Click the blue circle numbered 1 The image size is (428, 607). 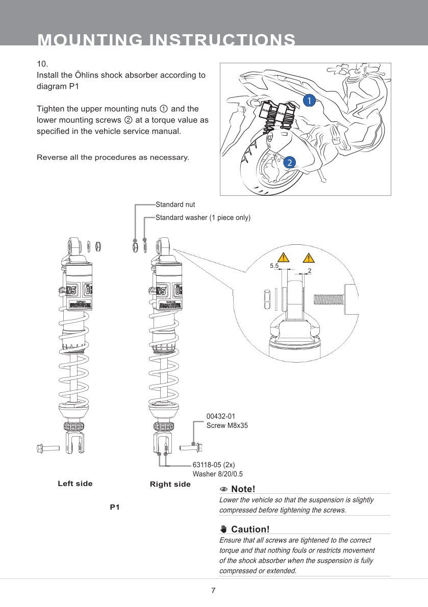click(309, 100)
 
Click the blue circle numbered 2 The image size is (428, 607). click(289, 163)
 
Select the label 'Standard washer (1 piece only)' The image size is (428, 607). click(203, 218)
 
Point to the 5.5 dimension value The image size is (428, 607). click(274, 266)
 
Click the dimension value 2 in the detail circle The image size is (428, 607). click(310, 269)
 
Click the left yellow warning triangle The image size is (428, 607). click(282, 257)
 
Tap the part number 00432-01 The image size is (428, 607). click(220, 416)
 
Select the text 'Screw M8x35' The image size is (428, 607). click(226, 425)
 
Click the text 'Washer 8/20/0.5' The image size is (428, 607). click(217, 473)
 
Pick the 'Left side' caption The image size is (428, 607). click(75, 484)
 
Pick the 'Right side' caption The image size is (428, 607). click(170, 484)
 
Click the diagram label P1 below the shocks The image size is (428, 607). click(115, 508)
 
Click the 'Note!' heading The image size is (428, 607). click(243, 489)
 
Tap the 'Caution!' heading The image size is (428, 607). click(250, 529)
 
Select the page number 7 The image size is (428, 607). click(213, 591)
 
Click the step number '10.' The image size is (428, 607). click(42, 64)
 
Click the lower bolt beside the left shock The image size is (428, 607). click(48, 448)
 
